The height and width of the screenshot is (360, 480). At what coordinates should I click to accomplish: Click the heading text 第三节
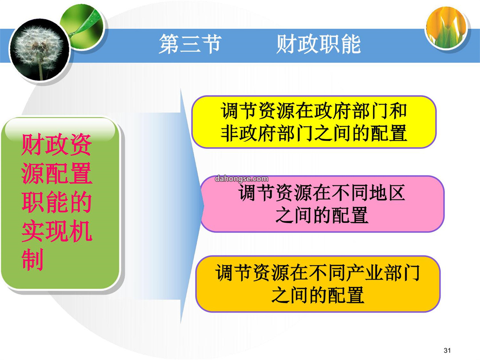pos(190,44)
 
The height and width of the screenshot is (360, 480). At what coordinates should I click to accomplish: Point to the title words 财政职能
pos(318,44)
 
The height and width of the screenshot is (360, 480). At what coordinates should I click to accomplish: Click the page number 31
pos(447,350)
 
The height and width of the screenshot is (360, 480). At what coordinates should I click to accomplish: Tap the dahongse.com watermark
pos(241,179)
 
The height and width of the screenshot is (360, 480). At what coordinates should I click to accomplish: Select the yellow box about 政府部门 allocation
pos(314,122)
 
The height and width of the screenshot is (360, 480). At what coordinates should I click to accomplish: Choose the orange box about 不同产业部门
pos(318,284)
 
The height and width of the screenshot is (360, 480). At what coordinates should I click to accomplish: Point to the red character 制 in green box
pos(32,260)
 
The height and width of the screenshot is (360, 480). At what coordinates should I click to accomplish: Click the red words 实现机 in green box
pos(56,231)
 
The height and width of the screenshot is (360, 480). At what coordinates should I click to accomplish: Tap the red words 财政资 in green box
pos(56,145)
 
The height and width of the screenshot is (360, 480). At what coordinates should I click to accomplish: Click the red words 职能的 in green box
pos(56,202)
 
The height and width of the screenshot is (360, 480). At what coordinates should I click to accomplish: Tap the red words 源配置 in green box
pos(56,174)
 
